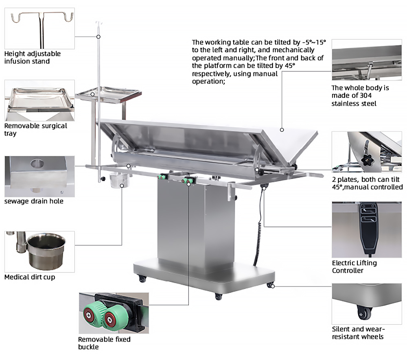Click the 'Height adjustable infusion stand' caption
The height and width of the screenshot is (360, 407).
[33, 57]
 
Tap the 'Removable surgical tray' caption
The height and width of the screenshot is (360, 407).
[35, 129]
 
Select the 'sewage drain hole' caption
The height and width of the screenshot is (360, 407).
[34, 201]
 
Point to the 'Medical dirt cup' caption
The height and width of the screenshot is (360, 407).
[30, 277]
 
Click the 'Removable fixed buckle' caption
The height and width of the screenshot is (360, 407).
[104, 343]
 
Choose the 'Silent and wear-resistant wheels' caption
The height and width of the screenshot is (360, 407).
[358, 333]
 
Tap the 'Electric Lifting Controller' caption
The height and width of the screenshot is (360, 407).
[354, 266]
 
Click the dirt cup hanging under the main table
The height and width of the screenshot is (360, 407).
[119, 181]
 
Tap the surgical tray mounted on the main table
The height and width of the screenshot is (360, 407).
[109, 94]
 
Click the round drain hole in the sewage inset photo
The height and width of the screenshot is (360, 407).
[37, 163]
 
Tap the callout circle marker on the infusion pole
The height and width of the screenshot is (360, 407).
[98, 37]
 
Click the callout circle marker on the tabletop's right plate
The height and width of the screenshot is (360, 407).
[282, 130]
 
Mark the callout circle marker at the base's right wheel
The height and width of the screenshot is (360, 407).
[273, 286]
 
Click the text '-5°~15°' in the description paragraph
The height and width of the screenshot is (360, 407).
[313, 42]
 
